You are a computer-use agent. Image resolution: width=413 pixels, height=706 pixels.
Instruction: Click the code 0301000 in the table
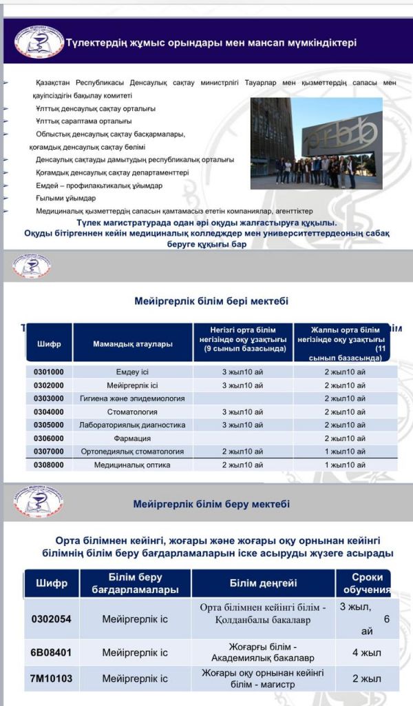click(49, 372)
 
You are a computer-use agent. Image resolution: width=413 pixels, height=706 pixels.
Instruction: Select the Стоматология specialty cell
click(132, 412)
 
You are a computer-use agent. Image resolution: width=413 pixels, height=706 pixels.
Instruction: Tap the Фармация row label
click(132, 438)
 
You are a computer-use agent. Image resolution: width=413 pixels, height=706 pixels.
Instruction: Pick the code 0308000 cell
click(49, 465)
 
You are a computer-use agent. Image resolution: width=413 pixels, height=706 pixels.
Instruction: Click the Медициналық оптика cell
click(132, 465)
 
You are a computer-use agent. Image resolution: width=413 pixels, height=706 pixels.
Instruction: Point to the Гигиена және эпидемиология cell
click(132, 399)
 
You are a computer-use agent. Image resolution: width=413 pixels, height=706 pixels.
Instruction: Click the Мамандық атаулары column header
click(132, 343)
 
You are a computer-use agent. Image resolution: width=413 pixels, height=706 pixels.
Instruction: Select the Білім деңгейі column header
click(263, 583)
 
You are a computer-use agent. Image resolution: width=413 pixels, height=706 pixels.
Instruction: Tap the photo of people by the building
click(316, 143)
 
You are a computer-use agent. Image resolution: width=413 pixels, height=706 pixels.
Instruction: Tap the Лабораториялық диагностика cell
click(132, 425)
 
